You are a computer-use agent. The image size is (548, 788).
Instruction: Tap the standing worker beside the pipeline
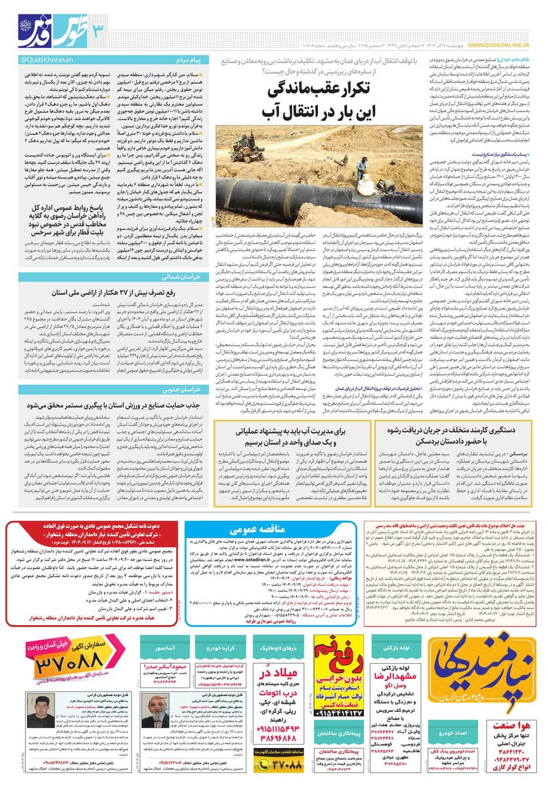click(361, 169)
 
